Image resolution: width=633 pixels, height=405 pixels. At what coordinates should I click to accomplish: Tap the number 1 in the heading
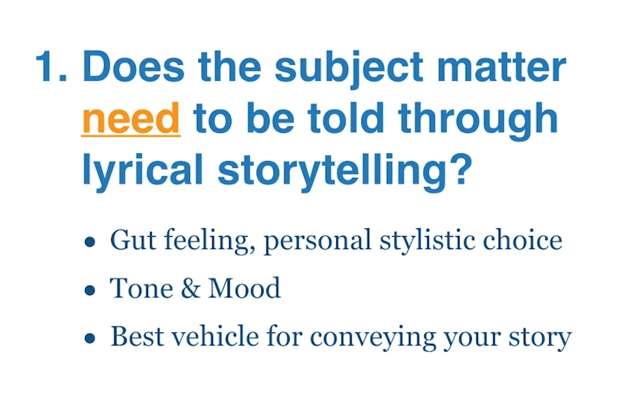coord(47,66)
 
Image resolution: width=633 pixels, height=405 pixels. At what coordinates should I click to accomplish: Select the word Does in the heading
coord(133,66)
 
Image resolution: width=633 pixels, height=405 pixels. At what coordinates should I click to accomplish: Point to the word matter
coord(502,67)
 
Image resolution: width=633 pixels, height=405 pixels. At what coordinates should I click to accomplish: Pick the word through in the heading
coord(478,121)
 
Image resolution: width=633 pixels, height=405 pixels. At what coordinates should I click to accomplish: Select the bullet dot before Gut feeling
coord(90,242)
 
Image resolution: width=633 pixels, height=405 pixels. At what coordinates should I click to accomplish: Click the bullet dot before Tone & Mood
coord(90,290)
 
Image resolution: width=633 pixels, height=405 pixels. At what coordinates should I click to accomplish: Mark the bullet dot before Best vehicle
coord(90,338)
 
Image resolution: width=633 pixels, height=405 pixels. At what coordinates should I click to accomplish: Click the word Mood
coord(244,288)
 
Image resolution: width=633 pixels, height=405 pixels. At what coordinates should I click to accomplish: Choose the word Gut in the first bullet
coord(133,240)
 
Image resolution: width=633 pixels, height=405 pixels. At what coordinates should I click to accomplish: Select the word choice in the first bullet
coord(523,240)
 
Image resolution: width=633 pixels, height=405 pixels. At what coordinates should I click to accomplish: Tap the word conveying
coord(373,338)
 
